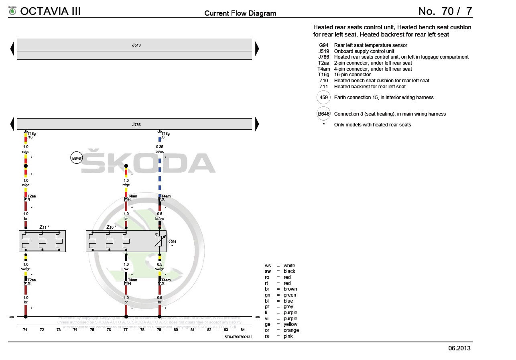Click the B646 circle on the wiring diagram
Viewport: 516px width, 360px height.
click(x=76, y=159)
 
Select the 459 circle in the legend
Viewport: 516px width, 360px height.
click(x=323, y=98)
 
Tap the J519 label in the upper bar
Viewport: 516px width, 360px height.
click(x=136, y=45)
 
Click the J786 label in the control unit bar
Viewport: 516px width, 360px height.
click(x=136, y=125)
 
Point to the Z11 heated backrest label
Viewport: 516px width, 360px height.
click(x=44, y=227)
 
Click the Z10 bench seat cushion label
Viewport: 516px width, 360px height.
click(x=111, y=227)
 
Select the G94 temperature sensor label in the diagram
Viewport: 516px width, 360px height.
click(x=172, y=242)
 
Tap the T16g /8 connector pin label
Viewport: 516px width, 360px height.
click(x=165, y=135)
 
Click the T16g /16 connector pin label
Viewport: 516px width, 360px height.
click(x=31, y=135)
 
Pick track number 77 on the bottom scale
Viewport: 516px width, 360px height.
click(x=126, y=330)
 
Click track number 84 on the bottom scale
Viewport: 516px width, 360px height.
click(x=242, y=330)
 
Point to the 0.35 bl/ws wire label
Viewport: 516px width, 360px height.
click(x=160, y=149)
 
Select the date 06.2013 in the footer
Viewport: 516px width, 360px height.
click(x=459, y=348)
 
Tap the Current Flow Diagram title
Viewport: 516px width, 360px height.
click(x=240, y=13)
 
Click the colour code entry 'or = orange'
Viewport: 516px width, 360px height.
click(x=282, y=330)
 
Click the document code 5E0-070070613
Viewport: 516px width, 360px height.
click(x=237, y=337)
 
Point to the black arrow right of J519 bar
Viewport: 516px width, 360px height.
click(x=257, y=49)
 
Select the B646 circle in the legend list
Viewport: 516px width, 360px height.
click(x=323, y=114)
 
